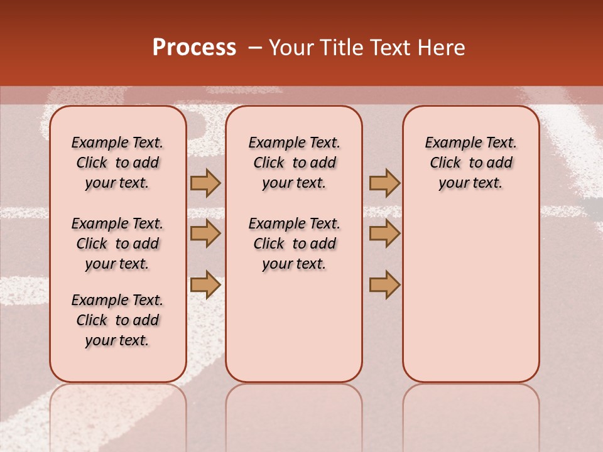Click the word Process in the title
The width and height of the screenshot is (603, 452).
tap(194, 48)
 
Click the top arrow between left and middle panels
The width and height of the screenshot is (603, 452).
tap(205, 183)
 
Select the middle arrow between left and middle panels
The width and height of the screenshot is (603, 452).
tap(205, 234)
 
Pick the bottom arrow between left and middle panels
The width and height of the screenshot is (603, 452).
tap(205, 284)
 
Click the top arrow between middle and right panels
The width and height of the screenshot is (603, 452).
tap(384, 183)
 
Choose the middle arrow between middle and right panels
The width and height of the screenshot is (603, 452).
tap(384, 234)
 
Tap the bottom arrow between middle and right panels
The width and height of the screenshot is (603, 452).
tap(384, 284)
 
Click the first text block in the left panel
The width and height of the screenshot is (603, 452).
tap(117, 163)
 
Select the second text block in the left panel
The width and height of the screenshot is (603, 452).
tap(117, 244)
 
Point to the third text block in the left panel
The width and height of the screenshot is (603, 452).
tap(117, 320)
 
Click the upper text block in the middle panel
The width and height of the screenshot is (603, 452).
tap(294, 163)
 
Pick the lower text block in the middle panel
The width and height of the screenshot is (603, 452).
tap(294, 244)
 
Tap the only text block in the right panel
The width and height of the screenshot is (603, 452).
tap(470, 163)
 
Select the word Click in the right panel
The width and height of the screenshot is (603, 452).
tap(445, 163)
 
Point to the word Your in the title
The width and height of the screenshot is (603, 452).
tap(291, 48)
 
